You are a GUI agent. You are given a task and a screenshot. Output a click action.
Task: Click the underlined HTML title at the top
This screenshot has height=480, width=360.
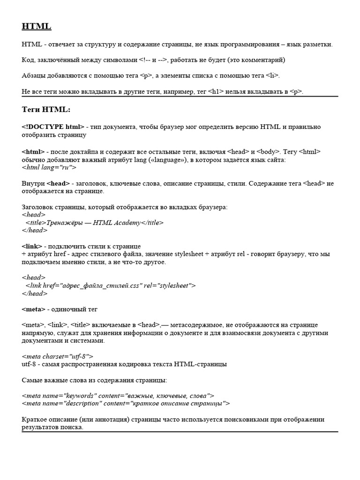pos(37,27)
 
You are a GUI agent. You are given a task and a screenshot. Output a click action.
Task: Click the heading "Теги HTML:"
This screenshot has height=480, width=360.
pos(46,109)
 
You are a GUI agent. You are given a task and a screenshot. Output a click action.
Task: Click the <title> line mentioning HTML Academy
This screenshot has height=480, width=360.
pos(95,223)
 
